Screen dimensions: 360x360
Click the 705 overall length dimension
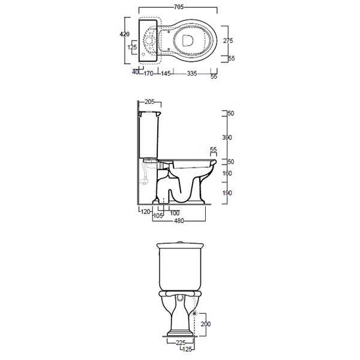[179, 7]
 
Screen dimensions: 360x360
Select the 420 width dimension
[124, 34]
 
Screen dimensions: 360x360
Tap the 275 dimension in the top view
[228, 41]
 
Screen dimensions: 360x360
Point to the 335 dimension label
[192, 73]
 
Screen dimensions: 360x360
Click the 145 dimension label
[166, 73]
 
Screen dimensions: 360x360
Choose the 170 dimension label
[148, 73]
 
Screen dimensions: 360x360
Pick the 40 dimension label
[136, 72]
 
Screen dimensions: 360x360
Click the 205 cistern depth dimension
[149, 101]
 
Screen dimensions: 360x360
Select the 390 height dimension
[227, 137]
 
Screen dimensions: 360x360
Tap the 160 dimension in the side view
[227, 173]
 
